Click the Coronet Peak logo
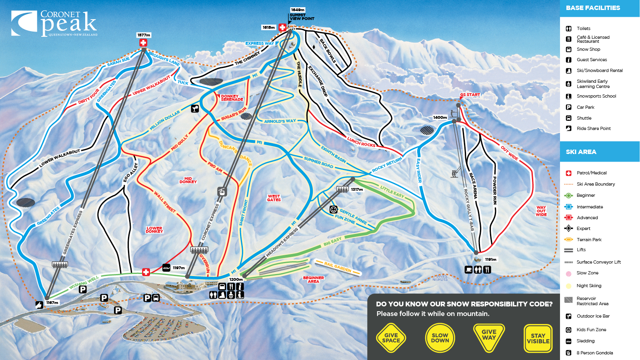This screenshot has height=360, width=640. (54, 23)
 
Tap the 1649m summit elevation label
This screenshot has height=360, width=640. (298, 10)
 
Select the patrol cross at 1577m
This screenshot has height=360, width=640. (143, 43)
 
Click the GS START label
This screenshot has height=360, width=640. (470, 95)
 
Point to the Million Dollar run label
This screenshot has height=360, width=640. (164, 120)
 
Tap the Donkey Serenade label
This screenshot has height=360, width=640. (232, 98)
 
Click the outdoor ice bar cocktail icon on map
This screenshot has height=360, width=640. (195, 108)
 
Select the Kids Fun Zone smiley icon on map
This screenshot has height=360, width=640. (333, 210)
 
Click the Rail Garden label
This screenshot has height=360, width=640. (338, 267)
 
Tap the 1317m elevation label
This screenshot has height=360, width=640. (357, 190)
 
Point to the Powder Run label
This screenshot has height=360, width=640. (495, 190)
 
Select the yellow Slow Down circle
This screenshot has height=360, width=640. (440, 338)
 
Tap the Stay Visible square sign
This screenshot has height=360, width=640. (538, 338)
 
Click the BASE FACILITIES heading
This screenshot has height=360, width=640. (593, 8)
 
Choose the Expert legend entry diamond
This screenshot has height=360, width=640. (568, 228)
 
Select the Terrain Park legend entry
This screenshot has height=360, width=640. (589, 240)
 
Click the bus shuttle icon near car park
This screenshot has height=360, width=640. (156, 298)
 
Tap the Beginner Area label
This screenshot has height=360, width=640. (313, 279)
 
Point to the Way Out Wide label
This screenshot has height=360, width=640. (541, 211)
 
